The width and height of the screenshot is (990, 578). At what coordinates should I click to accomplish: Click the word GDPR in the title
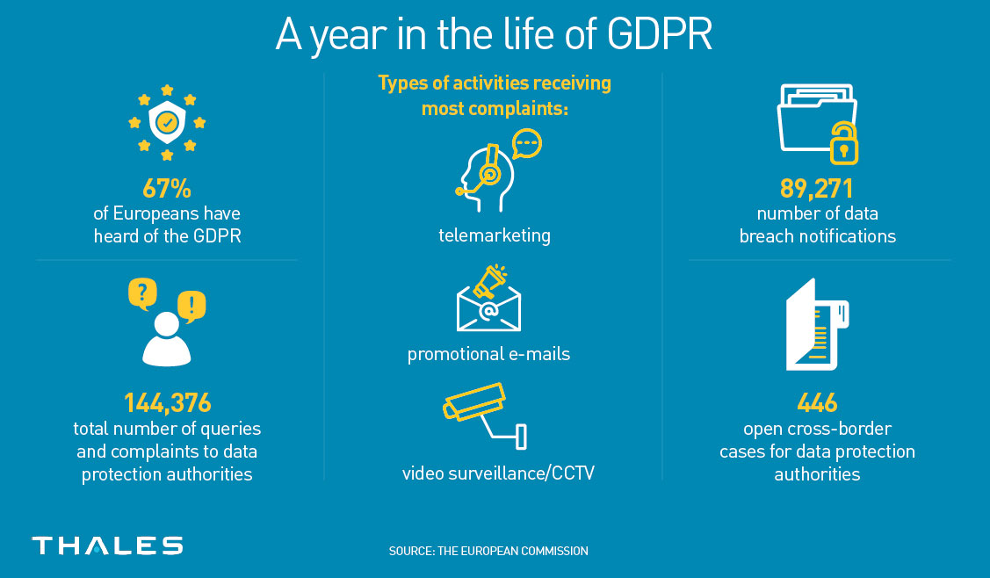pyautogui.click(x=659, y=34)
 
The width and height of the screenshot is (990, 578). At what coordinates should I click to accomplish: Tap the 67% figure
pyautogui.click(x=167, y=188)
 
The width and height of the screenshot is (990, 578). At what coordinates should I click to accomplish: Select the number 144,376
pyautogui.click(x=167, y=403)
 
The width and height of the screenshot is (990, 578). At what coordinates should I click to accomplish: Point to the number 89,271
pyautogui.click(x=816, y=188)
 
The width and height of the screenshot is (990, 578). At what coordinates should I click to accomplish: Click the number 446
pyautogui.click(x=817, y=403)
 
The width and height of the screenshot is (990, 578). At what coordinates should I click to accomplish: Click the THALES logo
pyautogui.click(x=107, y=545)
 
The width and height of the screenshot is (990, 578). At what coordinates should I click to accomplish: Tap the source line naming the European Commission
pyautogui.click(x=488, y=551)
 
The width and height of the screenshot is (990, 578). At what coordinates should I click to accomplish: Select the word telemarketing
pyautogui.click(x=495, y=235)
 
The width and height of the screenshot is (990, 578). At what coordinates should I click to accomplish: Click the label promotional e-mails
pyautogui.click(x=488, y=354)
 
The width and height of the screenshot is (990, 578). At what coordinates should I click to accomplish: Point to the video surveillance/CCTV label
pyautogui.click(x=498, y=473)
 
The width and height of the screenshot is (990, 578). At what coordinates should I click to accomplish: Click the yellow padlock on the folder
pyautogui.click(x=844, y=144)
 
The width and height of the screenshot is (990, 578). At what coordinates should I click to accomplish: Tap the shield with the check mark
pyautogui.click(x=167, y=121)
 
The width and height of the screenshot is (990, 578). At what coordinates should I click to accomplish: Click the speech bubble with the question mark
pyautogui.click(x=142, y=293)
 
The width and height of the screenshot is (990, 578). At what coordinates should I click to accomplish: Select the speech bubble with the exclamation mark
pyautogui.click(x=191, y=307)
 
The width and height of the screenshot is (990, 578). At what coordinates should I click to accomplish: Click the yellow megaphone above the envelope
pyautogui.click(x=490, y=282)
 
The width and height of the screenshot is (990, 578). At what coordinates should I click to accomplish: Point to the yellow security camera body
pyautogui.click(x=474, y=401)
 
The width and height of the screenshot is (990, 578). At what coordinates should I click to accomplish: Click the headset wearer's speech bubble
pyautogui.click(x=526, y=144)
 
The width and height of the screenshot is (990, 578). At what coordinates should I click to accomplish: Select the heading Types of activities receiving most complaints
pyautogui.click(x=495, y=96)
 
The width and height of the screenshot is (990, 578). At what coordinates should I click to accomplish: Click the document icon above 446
pyautogui.click(x=817, y=325)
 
